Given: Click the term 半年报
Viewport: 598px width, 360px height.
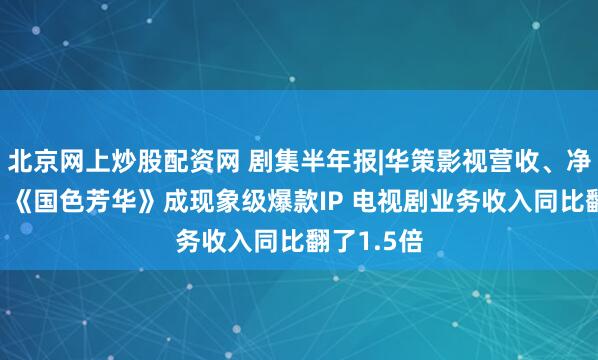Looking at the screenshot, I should pos(330,158).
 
